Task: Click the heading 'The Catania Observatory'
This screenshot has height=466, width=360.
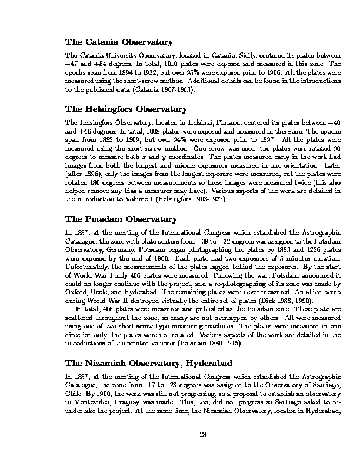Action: click(119, 42)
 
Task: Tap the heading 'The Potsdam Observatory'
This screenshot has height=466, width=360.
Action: click(121, 219)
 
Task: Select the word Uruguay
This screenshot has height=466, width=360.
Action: click(128, 398)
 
